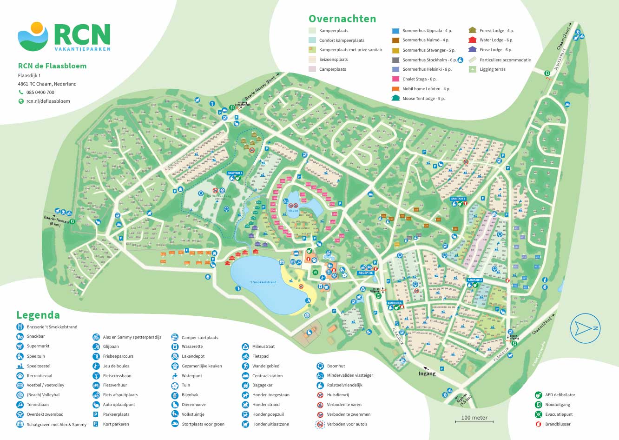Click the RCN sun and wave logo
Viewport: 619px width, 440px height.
[x=33, y=36]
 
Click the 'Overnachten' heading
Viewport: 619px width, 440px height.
[x=342, y=19]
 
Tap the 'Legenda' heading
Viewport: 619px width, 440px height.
[x=38, y=315]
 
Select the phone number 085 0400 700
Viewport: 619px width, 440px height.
[x=40, y=92]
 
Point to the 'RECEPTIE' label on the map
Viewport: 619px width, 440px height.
[x=366, y=273]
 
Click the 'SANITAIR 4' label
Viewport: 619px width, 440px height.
[x=235, y=173]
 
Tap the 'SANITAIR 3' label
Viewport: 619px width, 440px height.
[x=458, y=199]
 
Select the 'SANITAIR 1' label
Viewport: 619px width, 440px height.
[x=395, y=303]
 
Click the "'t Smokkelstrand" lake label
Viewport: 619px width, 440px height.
[x=263, y=282]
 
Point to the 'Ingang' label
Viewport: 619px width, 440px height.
[x=427, y=373]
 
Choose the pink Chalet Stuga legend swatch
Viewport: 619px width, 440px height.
[x=395, y=79]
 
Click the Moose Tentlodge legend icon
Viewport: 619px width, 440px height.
[x=395, y=98]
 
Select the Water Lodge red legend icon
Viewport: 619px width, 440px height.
[x=473, y=40]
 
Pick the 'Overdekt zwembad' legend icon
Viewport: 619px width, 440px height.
[x=20, y=414]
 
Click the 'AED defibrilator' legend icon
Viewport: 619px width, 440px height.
[x=538, y=395]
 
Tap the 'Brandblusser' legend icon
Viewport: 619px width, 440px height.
[x=538, y=424]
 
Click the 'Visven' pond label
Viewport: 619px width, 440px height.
[x=293, y=211]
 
